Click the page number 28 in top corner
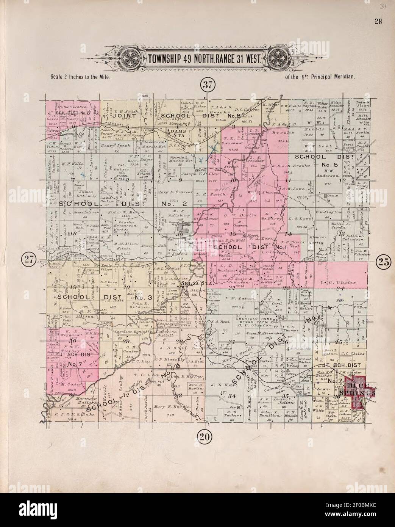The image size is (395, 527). (378, 21)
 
